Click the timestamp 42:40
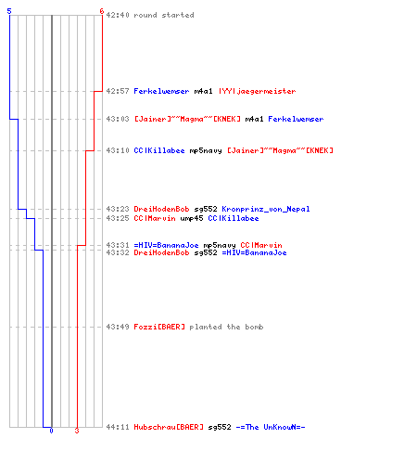[118, 15]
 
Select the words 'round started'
[164, 15]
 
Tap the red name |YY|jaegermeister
[257, 91]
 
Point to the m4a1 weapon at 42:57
[203, 91]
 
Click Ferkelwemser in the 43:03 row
[296, 119]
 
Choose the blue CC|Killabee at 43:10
[159, 150]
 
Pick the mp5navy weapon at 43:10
[206, 151]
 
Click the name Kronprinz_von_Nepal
[266, 209]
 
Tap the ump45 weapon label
[192, 218]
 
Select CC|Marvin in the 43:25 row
[155, 218]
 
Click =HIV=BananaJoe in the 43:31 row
[166, 245]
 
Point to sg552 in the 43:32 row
[206, 252]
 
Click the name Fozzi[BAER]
[159, 327]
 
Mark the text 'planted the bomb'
[226, 327]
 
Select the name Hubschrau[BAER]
[169, 427]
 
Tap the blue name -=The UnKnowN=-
[271, 427]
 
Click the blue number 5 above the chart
[9, 11]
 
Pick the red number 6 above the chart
[102, 11]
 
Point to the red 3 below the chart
[77, 431]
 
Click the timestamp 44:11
[118, 427]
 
